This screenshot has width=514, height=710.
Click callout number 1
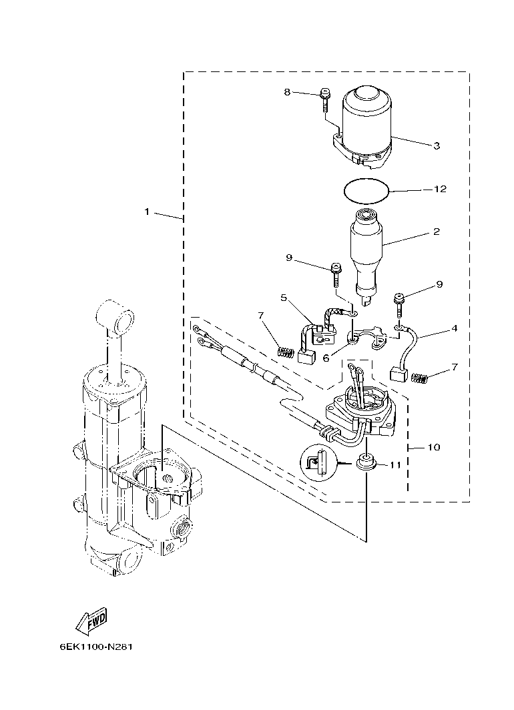pyautogui.click(x=147, y=212)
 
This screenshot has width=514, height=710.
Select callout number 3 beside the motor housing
pyautogui.click(x=437, y=145)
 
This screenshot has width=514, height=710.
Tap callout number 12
pyautogui.click(x=440, y=190)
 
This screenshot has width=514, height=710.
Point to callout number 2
pyautogui.click(x=437, y=232)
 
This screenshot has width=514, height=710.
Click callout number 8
pyautogui.click(x=287, y=92)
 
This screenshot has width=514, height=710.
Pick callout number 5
pyautogui.click(x=283, y=298)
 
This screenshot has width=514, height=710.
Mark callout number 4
pyautogui.click(x=454, y=328)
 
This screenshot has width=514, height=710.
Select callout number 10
pyautogui.click(x=434, y=447)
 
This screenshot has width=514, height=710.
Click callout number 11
pyautogui.click(x=395, y=465)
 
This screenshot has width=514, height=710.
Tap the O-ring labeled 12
pyautogui.click(x=366, y=190)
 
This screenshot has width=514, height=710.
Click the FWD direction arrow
pyautogui.click(x=91, y=621)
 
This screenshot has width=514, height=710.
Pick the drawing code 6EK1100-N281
pyautogui.click(x=91, y=647)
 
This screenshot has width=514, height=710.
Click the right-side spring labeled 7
pyautogui.click(x=420, y=378)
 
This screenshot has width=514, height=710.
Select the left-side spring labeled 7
pyautogui.click(x=286, y=351)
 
